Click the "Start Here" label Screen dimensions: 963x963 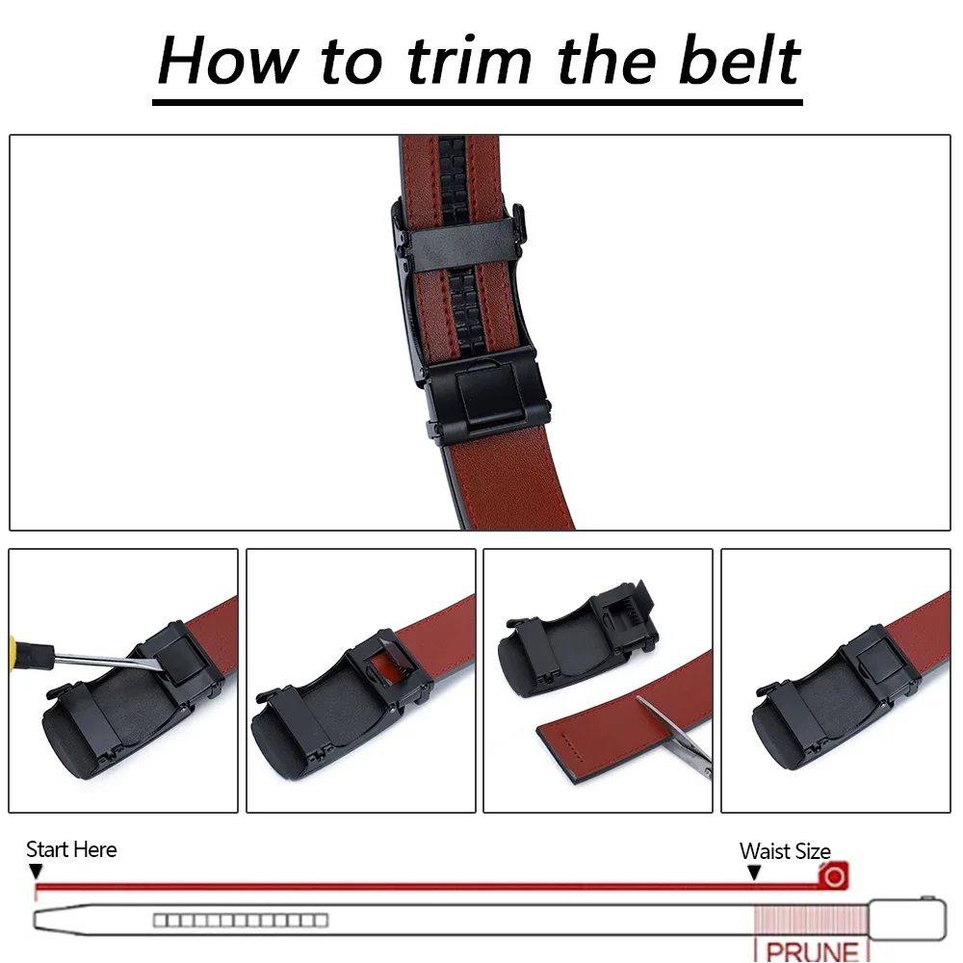point(71,849)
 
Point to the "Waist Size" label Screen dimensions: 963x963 point(784,851)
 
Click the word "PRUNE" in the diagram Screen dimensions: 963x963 point(812,950)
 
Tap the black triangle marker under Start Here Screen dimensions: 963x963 point(36,872)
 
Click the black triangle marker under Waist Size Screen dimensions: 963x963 point(754,872)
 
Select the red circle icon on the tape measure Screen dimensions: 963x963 point(834,875)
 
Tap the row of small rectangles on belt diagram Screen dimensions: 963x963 point(241,920)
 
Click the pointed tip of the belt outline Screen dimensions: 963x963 point(40,920)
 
